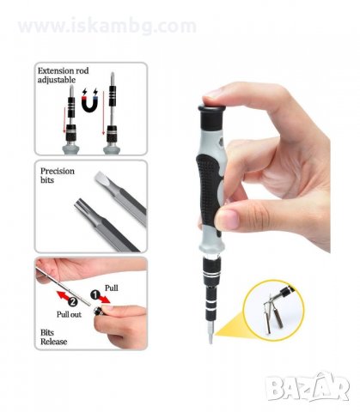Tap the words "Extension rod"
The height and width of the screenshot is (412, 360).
tap(63, 70)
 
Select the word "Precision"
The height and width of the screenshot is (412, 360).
tap(58, 171)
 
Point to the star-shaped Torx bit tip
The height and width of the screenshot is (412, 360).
tap(81, 205)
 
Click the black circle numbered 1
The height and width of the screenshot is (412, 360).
tap(95, 295)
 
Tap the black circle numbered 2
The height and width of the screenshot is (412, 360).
tap(73, 301)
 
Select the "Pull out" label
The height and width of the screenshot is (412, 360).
tap(69, 314)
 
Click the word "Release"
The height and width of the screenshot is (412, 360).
tap(54, 342)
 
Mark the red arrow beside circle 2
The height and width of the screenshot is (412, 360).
tap(62, 295)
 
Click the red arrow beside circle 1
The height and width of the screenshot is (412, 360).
tap(105, 299)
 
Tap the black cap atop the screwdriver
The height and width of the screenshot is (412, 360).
tap(211, 117)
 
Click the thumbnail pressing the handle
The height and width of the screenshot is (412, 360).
tap(226, 221)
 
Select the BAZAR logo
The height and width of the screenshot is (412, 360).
tap(308, 387)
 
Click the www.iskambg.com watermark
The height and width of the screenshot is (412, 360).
tap(107, 26)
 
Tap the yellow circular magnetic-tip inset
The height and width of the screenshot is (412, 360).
tap(273, 311)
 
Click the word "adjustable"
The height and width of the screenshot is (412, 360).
tap(57, 80)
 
